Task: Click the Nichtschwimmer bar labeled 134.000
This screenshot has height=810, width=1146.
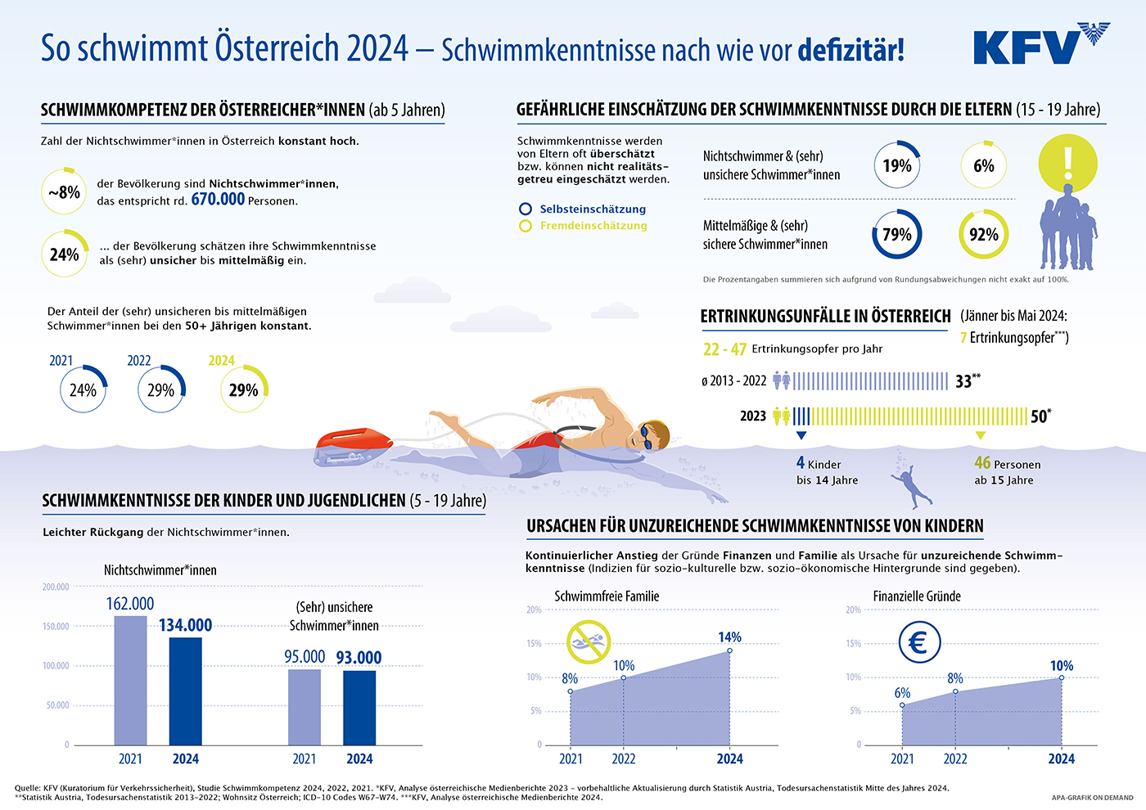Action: [x=185, y=691]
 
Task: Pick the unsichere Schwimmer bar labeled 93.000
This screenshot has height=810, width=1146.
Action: [x=359, y=707]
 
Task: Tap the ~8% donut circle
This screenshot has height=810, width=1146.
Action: [x=64, y=192]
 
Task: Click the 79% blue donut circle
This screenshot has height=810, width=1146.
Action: [x=896, y=235]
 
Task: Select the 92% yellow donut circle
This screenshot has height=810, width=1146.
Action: [x=983, y=235]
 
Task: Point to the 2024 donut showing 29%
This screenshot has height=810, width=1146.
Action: [x=243, y=389]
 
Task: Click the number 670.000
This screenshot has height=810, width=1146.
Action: [x=218, y=199]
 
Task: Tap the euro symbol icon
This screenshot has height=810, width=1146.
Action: [x=918, y=642]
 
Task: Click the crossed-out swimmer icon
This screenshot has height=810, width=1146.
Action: [x=589, y=641]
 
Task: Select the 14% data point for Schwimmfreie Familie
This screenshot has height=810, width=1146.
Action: [x=729, y=650]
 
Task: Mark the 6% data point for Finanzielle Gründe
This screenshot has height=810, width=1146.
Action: [x=902, y=704]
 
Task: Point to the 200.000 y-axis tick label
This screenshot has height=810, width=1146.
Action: [x=56, y=587]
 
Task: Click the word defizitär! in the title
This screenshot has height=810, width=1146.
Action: [x=851, y=49]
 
